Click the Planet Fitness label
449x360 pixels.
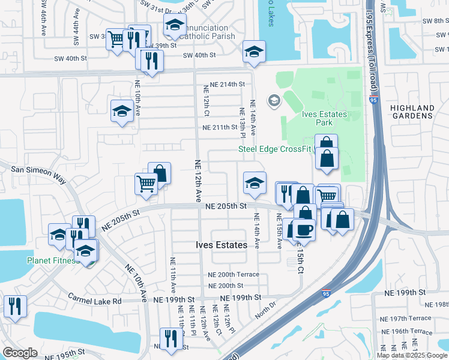(x=53, y=260)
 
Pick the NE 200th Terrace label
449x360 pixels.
(x=233, y=274)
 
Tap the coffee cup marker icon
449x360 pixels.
(x=304, y=230)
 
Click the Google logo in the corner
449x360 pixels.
(x=20, y=353)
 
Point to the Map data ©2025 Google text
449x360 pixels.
(x=412, y=355)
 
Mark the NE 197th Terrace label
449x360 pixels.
(x=411, y=318)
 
